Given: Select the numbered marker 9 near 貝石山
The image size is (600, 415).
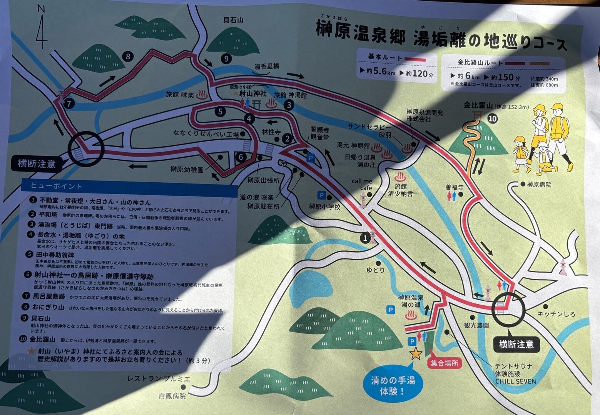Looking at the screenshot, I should click(226, 59).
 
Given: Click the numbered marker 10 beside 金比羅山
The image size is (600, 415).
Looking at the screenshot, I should click(492, 119).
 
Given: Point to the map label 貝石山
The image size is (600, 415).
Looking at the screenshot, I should click(233, 20).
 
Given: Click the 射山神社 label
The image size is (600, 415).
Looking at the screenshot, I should click(253, 93).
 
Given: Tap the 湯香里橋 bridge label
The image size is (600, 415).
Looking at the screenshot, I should click(266, 67).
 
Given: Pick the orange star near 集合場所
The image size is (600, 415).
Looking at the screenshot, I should click(415, 353).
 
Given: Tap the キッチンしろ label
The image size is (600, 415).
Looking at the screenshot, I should click(556, 314).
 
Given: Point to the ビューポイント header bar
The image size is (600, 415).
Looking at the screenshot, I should click(129, 186).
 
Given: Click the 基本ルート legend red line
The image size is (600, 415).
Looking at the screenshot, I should click(415, 60).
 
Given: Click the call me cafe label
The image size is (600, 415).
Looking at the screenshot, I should click(362, 184).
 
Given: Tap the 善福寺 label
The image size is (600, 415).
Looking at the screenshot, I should click(455, 187).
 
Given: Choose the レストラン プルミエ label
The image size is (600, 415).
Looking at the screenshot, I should click(159, 379).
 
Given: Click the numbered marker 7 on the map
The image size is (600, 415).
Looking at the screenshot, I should click(69, 103).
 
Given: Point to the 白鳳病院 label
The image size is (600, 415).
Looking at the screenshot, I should click(172, 396).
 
